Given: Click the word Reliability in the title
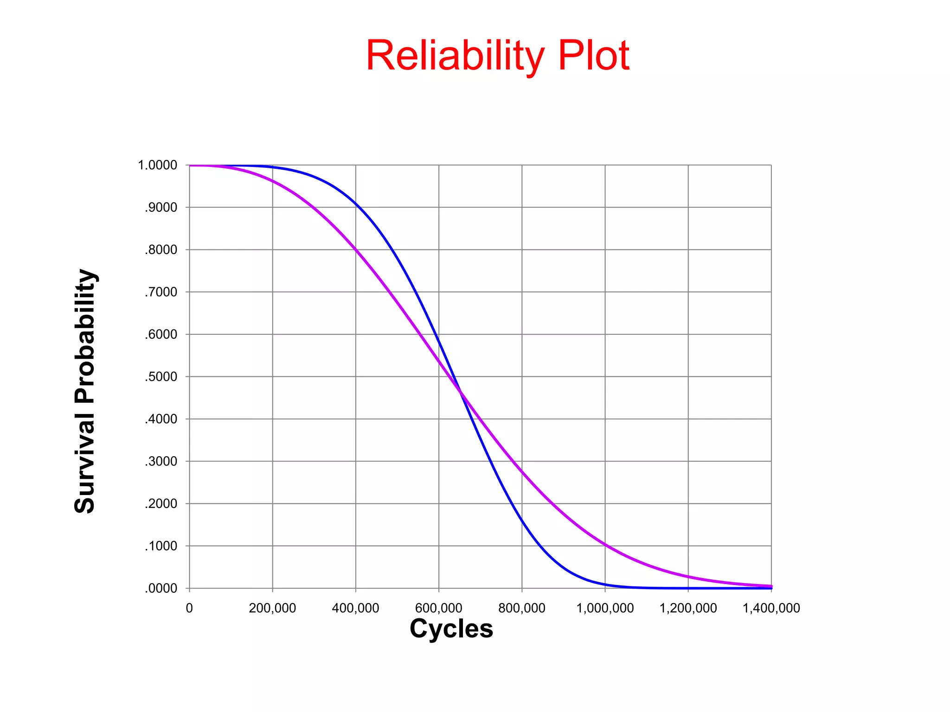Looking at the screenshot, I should coord(455,56).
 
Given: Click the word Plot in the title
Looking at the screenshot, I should coord(593,56).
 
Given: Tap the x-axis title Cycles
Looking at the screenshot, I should coord(451,629).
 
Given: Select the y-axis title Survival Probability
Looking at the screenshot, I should coord(85,391).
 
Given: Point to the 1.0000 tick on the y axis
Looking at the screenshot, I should coord(158,165).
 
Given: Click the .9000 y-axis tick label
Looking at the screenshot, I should coord(160,208).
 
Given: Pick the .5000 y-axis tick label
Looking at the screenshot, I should coord(160,377).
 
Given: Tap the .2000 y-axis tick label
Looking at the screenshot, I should coord(160,504).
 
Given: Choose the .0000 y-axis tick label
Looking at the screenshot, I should coord(160,589).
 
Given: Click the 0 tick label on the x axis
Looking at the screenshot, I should coord(189,608).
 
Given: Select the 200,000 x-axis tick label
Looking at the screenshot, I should coord(272,608).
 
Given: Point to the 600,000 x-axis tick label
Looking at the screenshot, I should coord(438,608).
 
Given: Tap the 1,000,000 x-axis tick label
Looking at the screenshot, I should coord(605,608).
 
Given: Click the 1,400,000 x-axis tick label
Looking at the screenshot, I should coord(771,608).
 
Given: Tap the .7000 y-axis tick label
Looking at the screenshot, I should coord(160,292).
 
